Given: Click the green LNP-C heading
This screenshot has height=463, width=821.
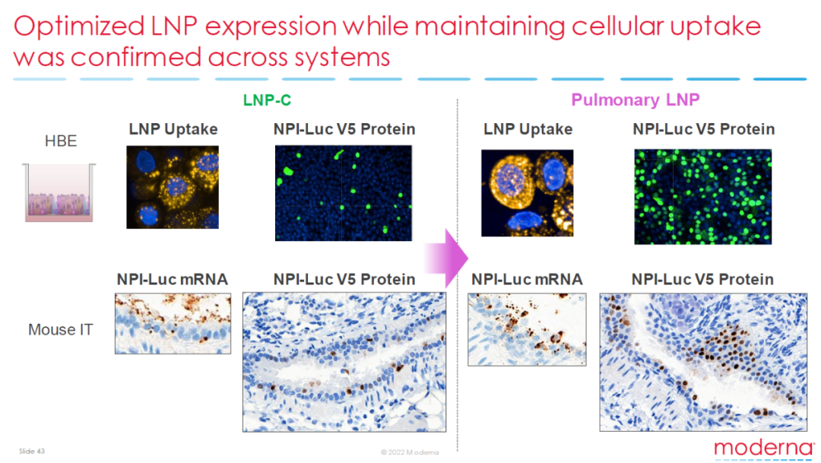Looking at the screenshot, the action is pos(267,100).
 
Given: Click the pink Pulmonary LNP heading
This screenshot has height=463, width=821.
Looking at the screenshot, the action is pos(635,100).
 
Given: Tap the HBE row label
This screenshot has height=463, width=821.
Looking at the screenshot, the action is pos(61,141).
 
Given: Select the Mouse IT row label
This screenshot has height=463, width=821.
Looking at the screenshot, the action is pos(60,329).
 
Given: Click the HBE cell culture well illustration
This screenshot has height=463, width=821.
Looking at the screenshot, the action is pos(59,192).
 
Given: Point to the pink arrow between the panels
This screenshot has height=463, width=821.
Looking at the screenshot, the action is pos(445,258).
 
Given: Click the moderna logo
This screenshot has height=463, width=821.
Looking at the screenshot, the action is pos(764,449).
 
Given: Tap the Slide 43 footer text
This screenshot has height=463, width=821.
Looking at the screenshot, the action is pos(32,451).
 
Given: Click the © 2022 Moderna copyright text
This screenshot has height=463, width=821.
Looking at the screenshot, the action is pos(410,452).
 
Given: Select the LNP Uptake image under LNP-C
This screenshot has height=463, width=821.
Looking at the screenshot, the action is pos(173,187).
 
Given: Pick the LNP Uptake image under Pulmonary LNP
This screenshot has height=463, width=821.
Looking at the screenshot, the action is pos(528,193).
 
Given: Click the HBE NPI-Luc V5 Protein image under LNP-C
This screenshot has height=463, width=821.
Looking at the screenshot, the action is pos(344,193).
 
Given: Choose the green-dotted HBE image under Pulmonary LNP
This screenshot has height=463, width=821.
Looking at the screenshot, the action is pos(702,197).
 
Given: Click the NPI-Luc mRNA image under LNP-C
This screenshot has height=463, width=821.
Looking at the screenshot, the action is pos(173,324).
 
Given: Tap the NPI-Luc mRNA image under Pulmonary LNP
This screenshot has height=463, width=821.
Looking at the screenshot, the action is pos(527,329).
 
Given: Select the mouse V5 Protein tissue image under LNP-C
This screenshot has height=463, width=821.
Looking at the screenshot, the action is pos(344,362).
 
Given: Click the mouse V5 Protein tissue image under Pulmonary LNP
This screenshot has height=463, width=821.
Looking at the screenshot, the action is pos(703,363).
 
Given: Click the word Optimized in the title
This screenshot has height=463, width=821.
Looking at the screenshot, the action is pos(79,26).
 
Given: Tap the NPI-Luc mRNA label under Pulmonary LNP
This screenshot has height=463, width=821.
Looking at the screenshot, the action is pos(527,279).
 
